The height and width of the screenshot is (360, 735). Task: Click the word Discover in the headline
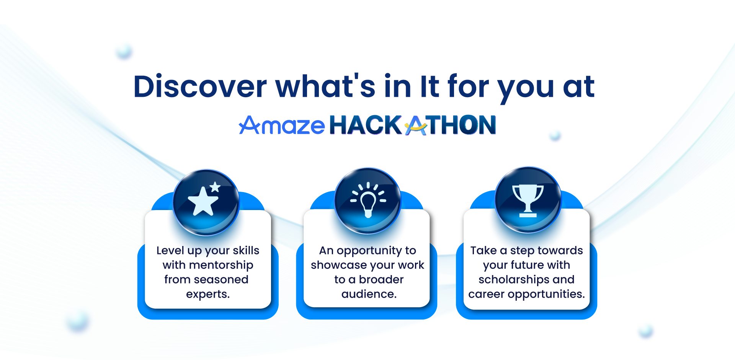tap(200, 86)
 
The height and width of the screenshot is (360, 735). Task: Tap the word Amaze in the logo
tap(282, 125)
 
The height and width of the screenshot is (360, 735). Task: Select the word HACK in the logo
tap(365, 125)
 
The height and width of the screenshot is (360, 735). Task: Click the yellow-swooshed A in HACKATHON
tap(416, 125)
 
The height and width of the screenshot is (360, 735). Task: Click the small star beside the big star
tap(215, 187)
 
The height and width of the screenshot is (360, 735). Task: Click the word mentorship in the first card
tap(221, 265)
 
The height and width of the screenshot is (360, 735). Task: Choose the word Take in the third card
tap(483, 250)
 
